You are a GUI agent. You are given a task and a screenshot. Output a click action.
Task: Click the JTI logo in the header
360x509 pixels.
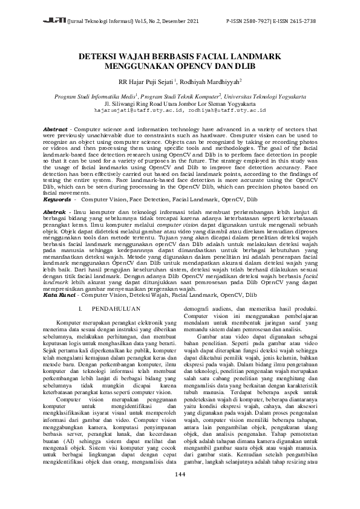point(56,21)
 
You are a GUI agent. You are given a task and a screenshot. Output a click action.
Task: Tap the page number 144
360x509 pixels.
point(180,490)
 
